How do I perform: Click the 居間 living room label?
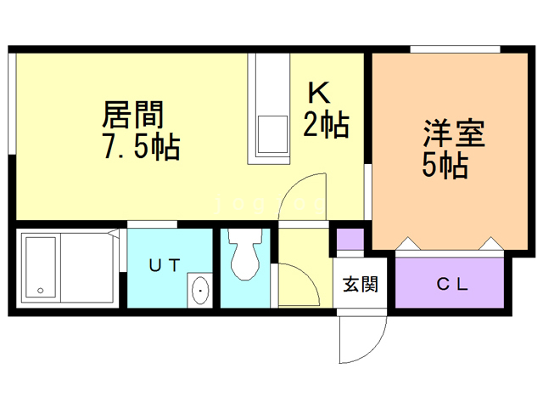tap(133, 114)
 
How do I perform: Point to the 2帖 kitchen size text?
tap(326, 126)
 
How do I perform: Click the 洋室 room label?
tap(454, 134)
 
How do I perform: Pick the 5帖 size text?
tap(445, 166)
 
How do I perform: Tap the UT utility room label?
tap(165, 264)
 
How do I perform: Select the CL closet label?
tap(451, 285)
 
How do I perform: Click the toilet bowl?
tap(246, 256)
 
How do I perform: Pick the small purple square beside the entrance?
tap(350, 240)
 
